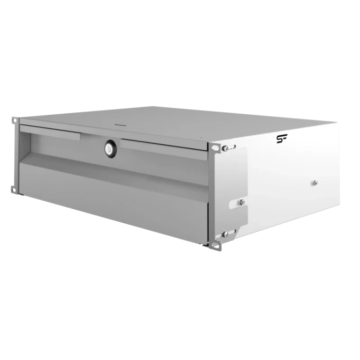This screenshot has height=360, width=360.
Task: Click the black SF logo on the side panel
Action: pos(282,139)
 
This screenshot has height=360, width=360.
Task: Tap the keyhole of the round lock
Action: pos(111,149)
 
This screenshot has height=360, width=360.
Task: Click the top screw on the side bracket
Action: pos(225,148)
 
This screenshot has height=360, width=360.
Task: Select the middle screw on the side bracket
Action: pos(241,202)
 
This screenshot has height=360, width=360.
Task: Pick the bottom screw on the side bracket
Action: pos(226,234)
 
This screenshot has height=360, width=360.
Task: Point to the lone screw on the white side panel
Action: pos(315,183)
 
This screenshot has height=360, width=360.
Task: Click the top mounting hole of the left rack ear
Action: pos(14,120)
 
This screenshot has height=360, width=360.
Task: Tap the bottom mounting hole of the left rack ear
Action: pos(13,190)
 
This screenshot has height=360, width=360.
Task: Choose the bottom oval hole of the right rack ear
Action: pos(216,245)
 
